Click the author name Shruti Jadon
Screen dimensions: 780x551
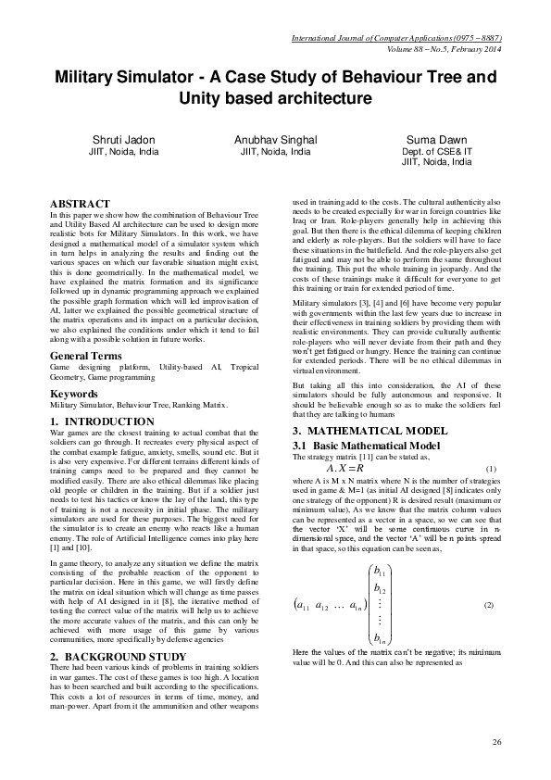[122, 139]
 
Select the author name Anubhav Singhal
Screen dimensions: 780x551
[276, 139]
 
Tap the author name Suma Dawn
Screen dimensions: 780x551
[436, 139]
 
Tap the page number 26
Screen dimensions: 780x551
[496, 742]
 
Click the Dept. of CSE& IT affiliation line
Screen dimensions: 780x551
[436, 151]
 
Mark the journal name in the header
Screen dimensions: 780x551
[396, 38]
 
